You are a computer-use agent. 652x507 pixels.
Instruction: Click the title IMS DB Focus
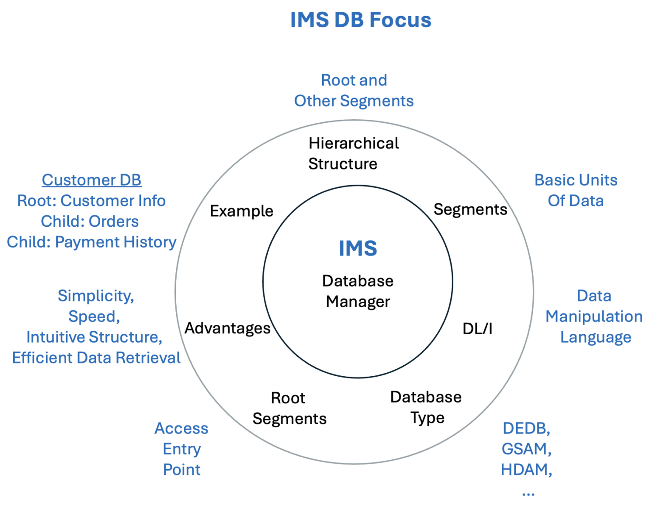pyautogui.click(x=360, y=20)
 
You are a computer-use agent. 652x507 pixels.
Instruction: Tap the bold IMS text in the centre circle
pyautogui.click(x=358, y=248)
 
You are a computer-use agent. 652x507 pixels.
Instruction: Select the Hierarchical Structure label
pyautogui.click(x=353, y=154)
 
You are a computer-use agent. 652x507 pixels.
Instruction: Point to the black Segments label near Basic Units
pyautogui.click(x=470, y=209)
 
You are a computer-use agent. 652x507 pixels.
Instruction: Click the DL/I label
pyautogui.click(x=477, y=329)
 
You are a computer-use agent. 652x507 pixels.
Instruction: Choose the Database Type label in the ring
pyautogui.click(x=426, y=407)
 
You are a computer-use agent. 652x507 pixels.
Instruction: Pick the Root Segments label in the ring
pyautogui.click(x=289, y=408)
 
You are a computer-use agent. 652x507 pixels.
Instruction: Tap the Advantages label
pyautogui.click(x=228, y=328)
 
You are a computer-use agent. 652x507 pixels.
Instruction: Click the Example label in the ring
pyautogui.click(x=242, y=211)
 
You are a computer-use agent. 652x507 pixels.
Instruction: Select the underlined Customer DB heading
pyautogui.click(x=91, y=180)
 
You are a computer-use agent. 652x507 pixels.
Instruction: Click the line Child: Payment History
pyautogui.click(x=91, y=242)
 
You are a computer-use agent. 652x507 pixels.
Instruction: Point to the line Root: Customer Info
pyautogui.click(x=91, y=201)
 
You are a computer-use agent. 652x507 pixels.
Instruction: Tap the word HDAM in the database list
pyautogui.click(x=526, y=470)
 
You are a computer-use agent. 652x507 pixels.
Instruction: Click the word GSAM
pyautogui.click(x=526, y=449)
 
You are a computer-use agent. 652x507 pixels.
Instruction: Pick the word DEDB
pyautogui.click(x=526, y=428)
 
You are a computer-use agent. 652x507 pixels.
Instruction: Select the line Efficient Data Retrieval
pyautogui.click(x=96, y=358)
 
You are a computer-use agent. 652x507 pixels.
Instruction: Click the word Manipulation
pyautogui.click(x=594, y=317)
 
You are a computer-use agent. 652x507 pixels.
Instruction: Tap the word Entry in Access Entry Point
pyautogui.click(x=182, y=449)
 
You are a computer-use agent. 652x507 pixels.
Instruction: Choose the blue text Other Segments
pyautogui.click(x=354, y=101)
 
